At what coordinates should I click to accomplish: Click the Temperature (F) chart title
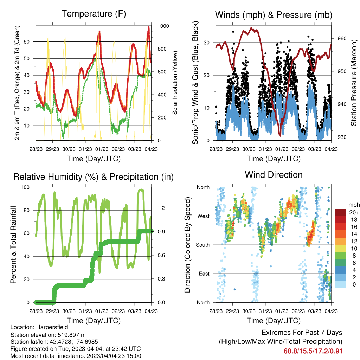(x=94, y=14)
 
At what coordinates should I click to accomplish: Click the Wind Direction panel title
(x=274, y=175)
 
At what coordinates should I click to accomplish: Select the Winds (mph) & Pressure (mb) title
(x=274, y=15)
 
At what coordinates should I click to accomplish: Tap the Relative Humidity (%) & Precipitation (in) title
(x=94, y=177)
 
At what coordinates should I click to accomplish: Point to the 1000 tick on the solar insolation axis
(x=163, y=26)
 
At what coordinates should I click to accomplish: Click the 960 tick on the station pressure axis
(x=342, y=38)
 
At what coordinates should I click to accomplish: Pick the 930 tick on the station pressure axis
(x=342, y=137)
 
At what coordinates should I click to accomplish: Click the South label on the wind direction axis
(x=203, y=245)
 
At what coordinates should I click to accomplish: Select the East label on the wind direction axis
(x=204, y=274)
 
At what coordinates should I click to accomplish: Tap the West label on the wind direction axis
(x=204, y=216)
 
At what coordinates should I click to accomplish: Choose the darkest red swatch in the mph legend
(x=340, y=212)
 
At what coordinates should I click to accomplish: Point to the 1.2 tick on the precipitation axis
(x=161, y=208)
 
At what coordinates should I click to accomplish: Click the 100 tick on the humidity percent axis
(x=25, y=187)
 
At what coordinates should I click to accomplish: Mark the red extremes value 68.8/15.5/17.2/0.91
(x=313, y=351)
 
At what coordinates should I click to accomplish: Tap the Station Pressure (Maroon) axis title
(x=354, y=83)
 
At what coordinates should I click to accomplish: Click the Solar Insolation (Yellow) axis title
(x=175, y=83)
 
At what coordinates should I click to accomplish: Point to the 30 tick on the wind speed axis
(x=206, y=43)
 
